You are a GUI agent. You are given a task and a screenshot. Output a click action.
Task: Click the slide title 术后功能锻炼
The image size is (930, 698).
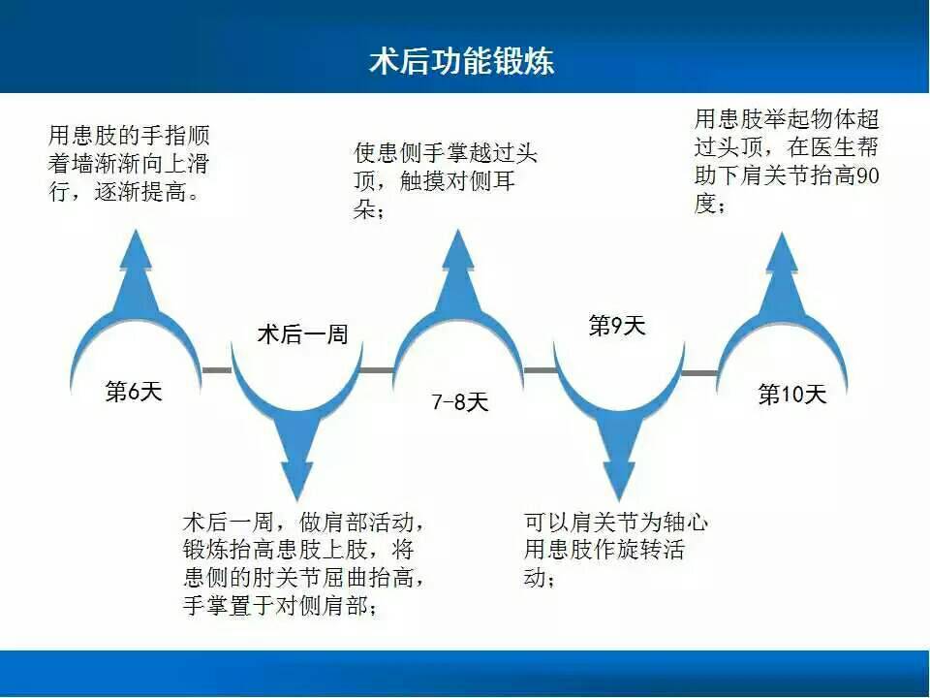click(461, 60)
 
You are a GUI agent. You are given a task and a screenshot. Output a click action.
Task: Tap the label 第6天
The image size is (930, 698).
click(134, 391)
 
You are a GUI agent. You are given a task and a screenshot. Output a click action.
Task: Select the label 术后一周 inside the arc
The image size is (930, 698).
click(302, 334)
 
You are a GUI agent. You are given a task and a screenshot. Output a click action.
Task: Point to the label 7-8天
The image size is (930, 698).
click(459, 401)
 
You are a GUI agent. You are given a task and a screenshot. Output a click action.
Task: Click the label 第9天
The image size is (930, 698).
click(617, 326)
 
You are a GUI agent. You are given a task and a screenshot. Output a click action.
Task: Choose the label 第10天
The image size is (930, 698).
click(792, 395)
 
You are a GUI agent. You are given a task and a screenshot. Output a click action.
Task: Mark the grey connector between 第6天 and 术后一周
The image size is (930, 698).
click(217, 370)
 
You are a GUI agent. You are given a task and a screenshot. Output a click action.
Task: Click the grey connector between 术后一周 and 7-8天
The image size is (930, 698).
click(377, 370)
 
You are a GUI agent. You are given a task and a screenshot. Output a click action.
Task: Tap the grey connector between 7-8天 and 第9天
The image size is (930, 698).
click(541, 370)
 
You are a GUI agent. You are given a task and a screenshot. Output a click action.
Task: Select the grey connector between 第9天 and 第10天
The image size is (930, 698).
click(699, 372)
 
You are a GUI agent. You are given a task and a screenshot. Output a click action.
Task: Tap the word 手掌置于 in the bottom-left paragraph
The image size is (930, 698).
click(229, 605)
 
